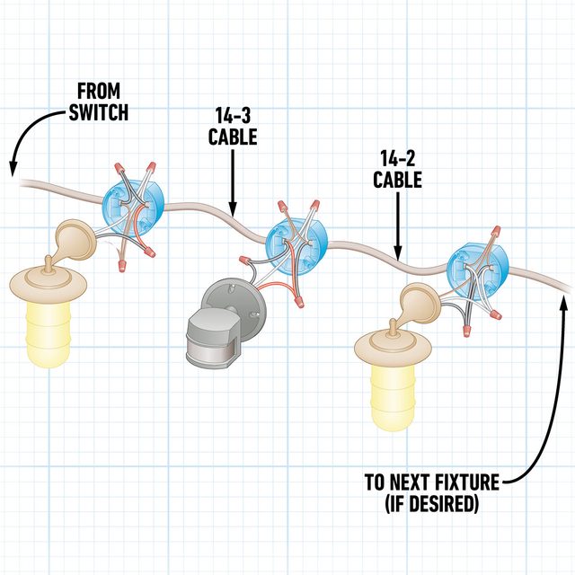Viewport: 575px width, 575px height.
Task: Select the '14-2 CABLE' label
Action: coord(398,168)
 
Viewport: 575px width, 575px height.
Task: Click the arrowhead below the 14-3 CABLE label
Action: coord(234,208)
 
